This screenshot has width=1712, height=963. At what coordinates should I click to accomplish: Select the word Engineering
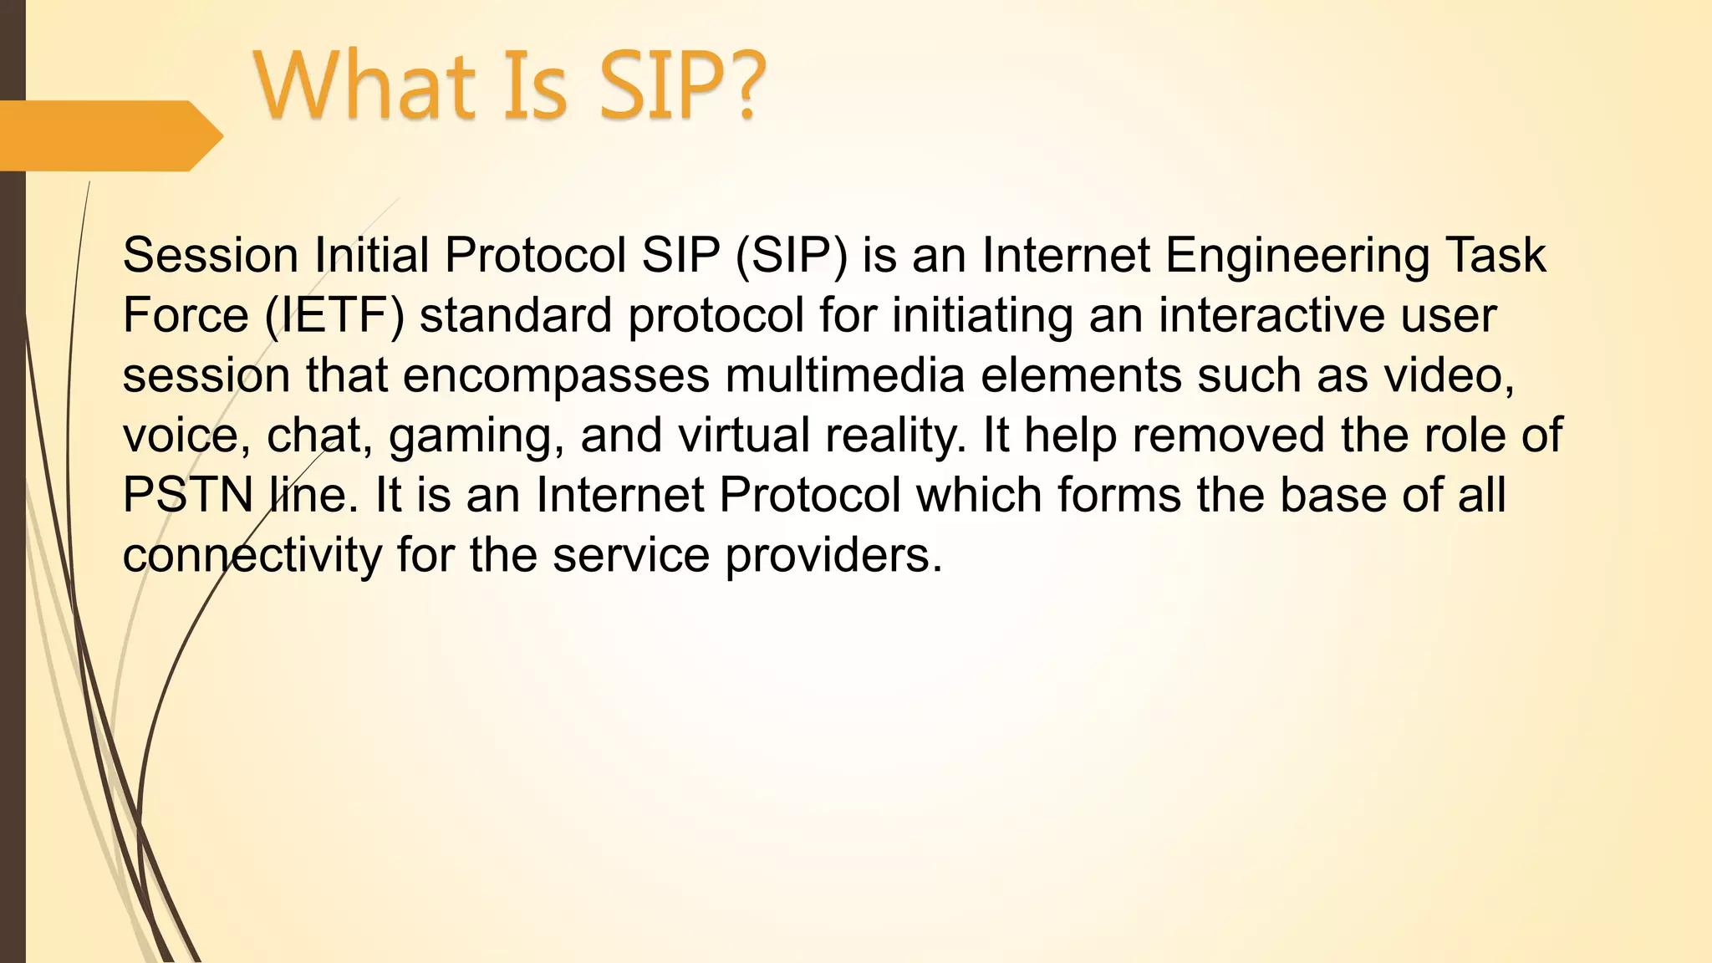pos(1297,255)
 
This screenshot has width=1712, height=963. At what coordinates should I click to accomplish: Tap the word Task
pos(1495,255)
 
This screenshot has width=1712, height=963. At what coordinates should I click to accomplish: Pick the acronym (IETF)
pos(334,315)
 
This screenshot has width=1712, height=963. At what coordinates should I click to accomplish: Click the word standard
pos(516,315)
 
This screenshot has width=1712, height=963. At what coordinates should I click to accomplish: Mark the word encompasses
pos(556,375)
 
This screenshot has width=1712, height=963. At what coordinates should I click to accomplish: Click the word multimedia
pos(845,375)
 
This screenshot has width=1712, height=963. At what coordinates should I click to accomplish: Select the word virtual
pos(744,436)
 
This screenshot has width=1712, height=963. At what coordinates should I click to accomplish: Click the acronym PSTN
pos(187,496)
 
